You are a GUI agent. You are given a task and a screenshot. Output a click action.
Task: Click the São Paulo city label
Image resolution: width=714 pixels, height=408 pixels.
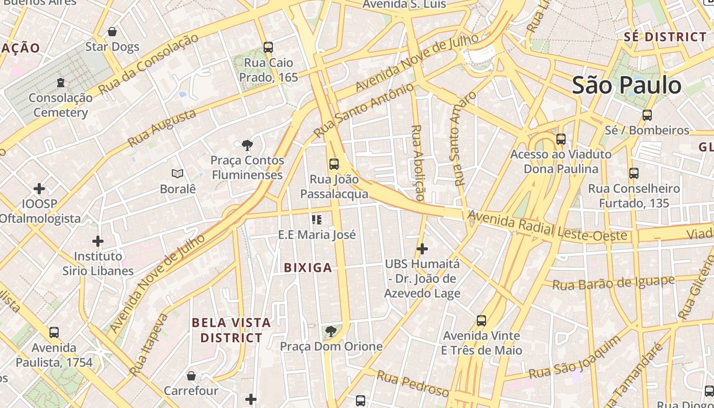click(626, 85)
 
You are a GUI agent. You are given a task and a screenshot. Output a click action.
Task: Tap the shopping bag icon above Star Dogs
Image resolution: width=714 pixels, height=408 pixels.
click(112, 32)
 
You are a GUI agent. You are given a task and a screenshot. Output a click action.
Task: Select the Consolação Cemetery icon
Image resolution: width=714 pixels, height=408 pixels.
click(61, 83)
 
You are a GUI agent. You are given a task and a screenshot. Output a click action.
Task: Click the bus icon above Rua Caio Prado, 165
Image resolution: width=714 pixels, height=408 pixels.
click(268, 47)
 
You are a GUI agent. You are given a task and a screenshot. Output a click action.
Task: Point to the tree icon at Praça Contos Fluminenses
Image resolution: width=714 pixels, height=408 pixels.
click(247, 145)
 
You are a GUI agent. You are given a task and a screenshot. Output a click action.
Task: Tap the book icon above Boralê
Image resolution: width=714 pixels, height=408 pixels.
click(177, 174)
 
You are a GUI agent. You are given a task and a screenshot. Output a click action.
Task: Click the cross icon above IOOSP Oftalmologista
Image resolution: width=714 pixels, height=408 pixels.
click(39, 189)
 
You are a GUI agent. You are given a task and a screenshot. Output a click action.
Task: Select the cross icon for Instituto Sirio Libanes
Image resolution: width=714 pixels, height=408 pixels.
click(98, 241)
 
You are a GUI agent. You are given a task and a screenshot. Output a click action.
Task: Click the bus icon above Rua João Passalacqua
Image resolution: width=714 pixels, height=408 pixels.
click(334, 164)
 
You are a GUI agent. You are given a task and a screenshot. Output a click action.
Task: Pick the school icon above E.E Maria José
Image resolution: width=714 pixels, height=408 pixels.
click(317, 220)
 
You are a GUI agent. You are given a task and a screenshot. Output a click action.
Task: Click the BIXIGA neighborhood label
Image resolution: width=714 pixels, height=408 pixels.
click(308, 268)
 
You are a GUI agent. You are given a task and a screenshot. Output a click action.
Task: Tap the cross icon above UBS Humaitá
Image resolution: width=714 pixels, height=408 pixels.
click(422, 249)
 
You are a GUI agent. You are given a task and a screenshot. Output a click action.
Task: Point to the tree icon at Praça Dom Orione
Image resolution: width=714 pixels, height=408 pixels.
click(331, 331)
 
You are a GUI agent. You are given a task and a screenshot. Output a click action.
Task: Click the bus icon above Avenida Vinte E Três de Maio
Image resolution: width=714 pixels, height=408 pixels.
click(481, 321)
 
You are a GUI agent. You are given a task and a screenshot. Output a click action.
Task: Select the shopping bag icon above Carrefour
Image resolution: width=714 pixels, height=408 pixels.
click(191, 376)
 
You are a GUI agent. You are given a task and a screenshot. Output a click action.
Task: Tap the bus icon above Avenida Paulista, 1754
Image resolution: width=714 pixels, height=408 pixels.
click(54, 333)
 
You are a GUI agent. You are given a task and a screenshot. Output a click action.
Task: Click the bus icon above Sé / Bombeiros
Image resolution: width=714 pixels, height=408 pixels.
click(647, 115)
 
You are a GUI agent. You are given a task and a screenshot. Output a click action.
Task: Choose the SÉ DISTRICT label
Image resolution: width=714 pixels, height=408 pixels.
click(665, 37)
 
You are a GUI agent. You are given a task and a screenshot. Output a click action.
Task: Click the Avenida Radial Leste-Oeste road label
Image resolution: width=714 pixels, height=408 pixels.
click(547, 227)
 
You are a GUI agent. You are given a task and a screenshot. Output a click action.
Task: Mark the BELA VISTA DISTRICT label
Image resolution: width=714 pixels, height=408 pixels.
click(231, 330)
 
